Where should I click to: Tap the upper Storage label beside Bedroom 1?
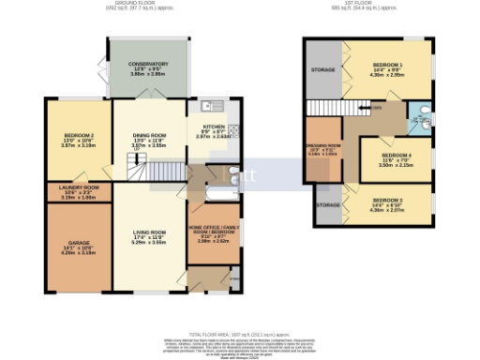click(x=322, y=69)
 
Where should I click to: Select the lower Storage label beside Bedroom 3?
click(x=327, y=204)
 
